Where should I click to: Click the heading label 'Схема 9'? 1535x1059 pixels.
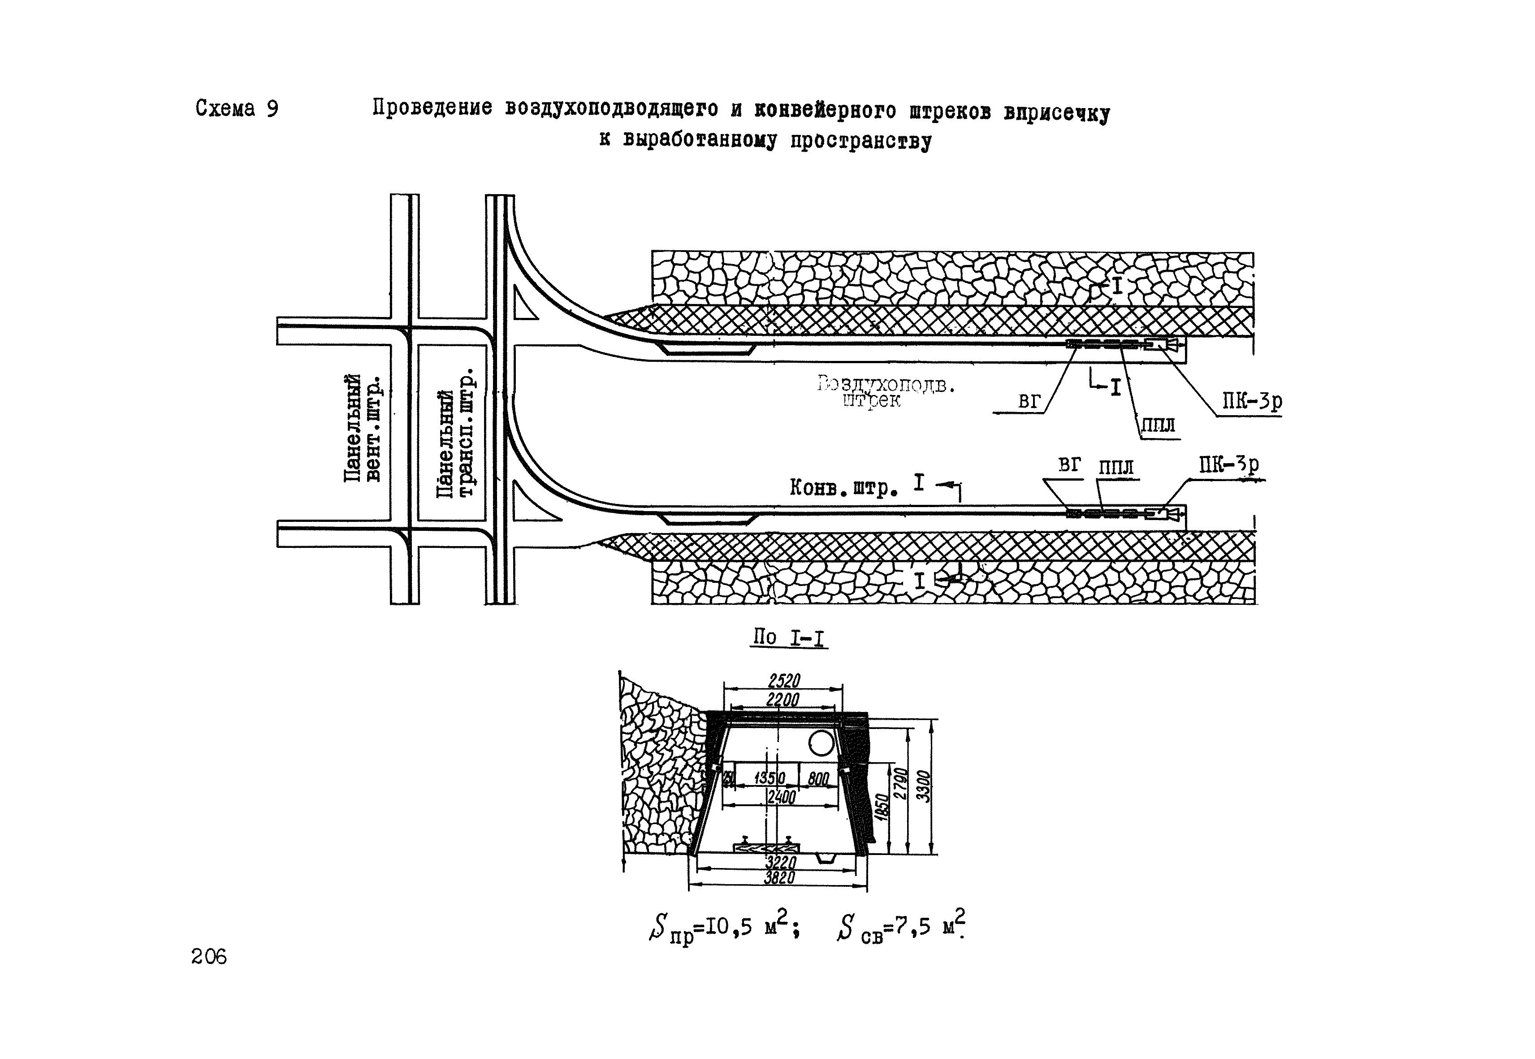(237, 109)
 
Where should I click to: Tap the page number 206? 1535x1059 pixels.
(208, 956)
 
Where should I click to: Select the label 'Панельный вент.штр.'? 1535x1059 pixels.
(363, 428)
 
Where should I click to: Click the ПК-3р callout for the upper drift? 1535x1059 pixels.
(1252, 401)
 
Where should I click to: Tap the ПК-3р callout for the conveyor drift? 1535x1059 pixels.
(1228, 465)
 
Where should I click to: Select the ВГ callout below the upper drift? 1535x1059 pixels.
(1029, 401)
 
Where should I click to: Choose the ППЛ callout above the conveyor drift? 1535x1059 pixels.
(1116, 468)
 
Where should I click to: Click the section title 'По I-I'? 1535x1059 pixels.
(789, 638)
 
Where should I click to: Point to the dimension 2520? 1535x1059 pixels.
(784, 681)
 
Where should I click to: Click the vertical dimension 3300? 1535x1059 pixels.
(923, 786)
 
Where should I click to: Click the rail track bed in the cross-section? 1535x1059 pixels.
(766, 847)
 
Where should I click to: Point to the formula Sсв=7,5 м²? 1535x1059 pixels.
(901, 926)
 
